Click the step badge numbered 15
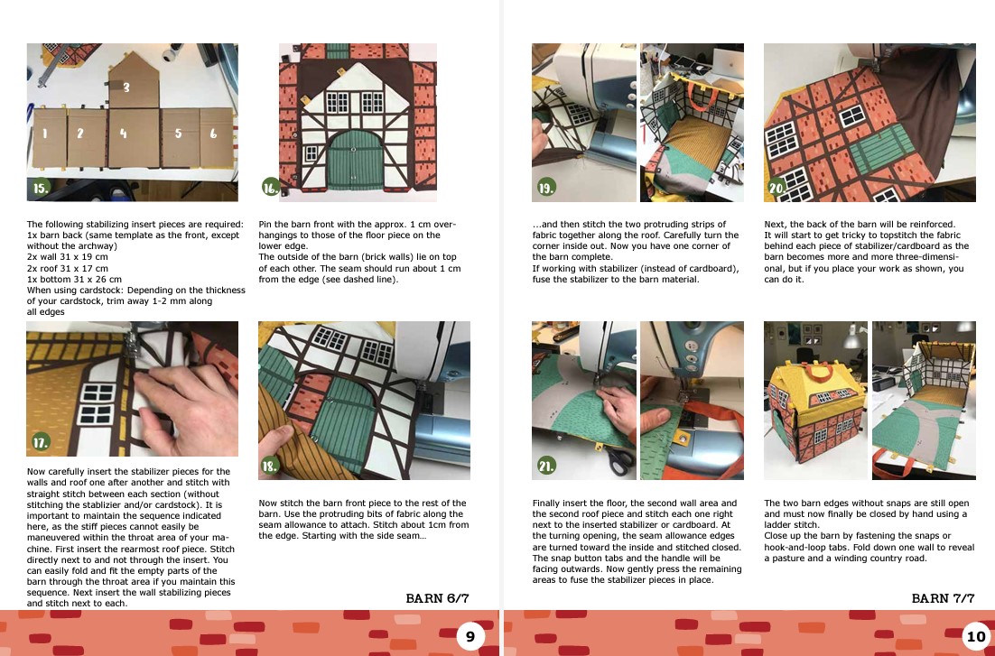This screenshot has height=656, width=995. pyautogui.click(x=41, y=187)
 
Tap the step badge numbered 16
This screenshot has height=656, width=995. pyautogui.click(x=271, y=187)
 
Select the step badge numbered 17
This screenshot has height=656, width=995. pyautogui.click(x=41, y=441)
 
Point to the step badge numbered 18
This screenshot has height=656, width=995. pyautogui.click(x=270, y=466)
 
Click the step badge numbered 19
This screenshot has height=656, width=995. pyautogui.click(x=545, y=187)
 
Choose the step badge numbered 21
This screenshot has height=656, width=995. pyautogui.click(x=545, y=466)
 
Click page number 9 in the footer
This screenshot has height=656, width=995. pyautogui.click(x=470, y=636)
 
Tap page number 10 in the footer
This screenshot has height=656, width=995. pyautogui.click(x=975, y=636)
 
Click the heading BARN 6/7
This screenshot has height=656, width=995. pyautogui.click(x=437, y=598)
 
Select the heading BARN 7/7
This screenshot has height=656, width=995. pyautogui.click(x=943, y=598)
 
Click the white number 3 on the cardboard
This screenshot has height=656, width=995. pyautogui.click(x=126, y=88)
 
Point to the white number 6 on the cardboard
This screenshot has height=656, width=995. pyautogui.click(x=213, y=134)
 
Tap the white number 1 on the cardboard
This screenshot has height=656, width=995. pyautogui.click(x=45, y=134)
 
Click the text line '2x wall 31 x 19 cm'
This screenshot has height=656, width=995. pyautogui.click(x=67, y=257)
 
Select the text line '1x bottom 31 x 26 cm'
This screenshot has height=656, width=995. pyautogui.click(x=74, y=279)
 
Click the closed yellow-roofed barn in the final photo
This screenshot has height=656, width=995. pyautogui.click(x=815, y=406)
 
